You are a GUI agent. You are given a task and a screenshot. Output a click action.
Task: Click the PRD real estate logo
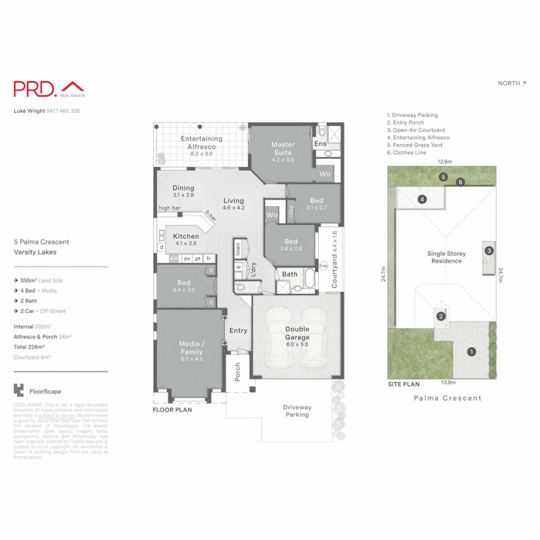[49, 89]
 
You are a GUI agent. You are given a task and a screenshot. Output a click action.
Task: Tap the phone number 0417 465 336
[63, 111]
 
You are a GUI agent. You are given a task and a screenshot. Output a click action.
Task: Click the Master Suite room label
[283, 148]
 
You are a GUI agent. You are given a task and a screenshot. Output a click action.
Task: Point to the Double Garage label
[297, 333]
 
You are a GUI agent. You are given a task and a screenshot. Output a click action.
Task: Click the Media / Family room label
[191, 348]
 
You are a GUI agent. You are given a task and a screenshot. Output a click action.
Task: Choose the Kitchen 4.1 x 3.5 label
[185, 239]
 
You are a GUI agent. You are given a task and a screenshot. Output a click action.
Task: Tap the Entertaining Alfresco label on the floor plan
[201, 143]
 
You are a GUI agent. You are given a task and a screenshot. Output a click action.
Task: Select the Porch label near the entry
[238, 371]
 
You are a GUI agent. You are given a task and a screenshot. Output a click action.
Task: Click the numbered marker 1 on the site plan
[470, 351]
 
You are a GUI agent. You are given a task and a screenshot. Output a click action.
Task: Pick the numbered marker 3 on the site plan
[489, 250]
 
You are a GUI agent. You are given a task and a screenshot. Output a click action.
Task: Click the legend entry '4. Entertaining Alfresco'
[418, 137]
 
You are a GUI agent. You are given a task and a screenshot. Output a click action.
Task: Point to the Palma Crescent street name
[447, 398]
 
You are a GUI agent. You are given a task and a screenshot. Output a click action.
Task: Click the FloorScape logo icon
[19, 390]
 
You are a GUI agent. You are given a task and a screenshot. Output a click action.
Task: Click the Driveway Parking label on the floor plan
[297, 411]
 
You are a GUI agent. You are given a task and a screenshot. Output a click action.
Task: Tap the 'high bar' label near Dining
[169, 208]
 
